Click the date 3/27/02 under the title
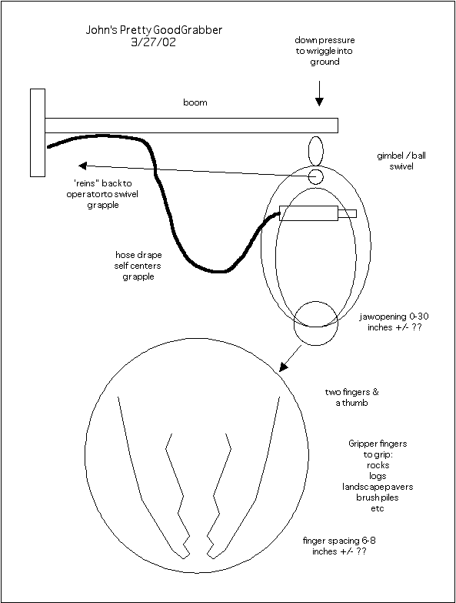click(154, 42)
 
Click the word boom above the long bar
click(195, 102)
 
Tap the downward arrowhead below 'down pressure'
click(319, 102)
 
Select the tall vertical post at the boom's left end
click(38, 132)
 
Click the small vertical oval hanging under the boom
click(316, 151)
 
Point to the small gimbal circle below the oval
click(316, 177)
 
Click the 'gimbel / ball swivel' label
click(401, 161)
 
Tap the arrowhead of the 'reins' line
click(82, 166)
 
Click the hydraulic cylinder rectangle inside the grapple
click(309, 213)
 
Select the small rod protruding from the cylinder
click(348, 213)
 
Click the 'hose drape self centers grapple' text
click(138, 266)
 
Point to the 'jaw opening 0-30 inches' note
click(394, 322)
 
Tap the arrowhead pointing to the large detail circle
click(283, 367)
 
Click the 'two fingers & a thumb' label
click(351, 397)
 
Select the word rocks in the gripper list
click(378, 465)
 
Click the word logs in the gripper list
click(378, 476)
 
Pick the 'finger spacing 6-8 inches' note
click(339, 546)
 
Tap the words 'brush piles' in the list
click(378, 497)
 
